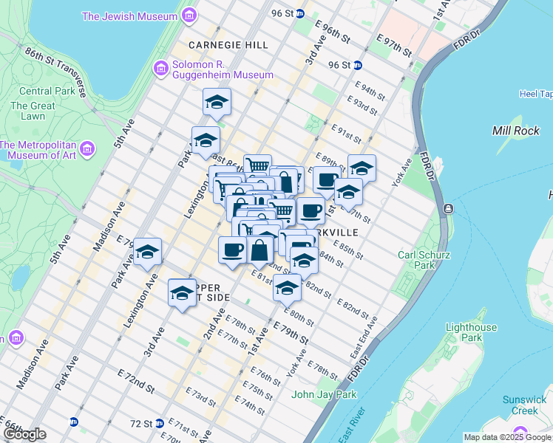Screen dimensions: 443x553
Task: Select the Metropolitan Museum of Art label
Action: coord(38,150)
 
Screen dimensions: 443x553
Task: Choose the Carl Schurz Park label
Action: coord(421,261)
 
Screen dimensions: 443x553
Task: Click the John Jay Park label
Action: coord(324,394)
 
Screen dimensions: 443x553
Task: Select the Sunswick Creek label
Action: coord(524,405)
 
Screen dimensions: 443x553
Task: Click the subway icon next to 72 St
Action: coord(74,423)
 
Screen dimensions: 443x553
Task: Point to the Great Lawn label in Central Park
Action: coord(33,111)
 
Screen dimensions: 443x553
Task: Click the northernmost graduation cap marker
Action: coord(217,103)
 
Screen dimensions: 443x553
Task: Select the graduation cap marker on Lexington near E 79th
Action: coord(147,253)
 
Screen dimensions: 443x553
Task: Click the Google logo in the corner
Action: coord(24,434)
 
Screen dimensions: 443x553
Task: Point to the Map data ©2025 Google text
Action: coord(506,437)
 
